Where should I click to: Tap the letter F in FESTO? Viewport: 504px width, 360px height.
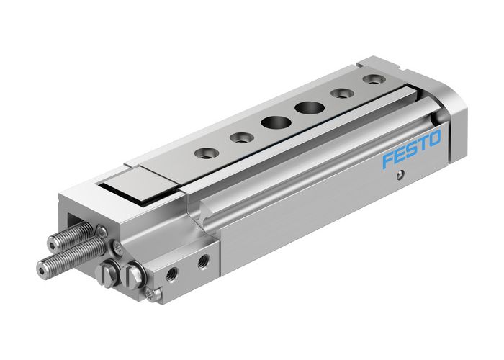389,160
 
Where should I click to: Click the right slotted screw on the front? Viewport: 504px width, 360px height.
134,276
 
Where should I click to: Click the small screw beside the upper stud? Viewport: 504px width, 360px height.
102,231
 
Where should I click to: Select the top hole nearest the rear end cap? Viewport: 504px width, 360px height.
372,78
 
